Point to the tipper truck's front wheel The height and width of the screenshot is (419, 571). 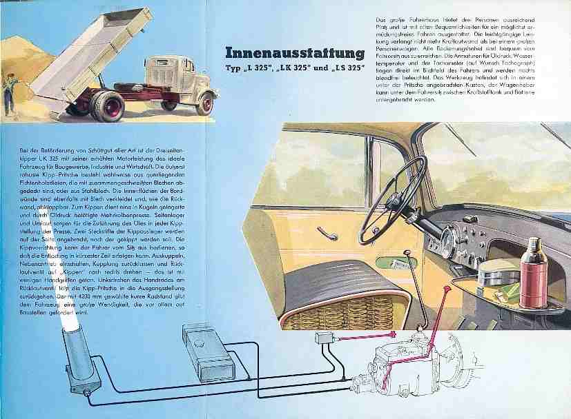click(x=205, y=103)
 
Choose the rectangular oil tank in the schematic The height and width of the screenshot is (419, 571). click(x=204, y=352)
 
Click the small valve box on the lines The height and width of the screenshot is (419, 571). click(x=325, y=339)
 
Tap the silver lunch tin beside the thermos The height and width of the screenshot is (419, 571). click(x=498, y=273)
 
